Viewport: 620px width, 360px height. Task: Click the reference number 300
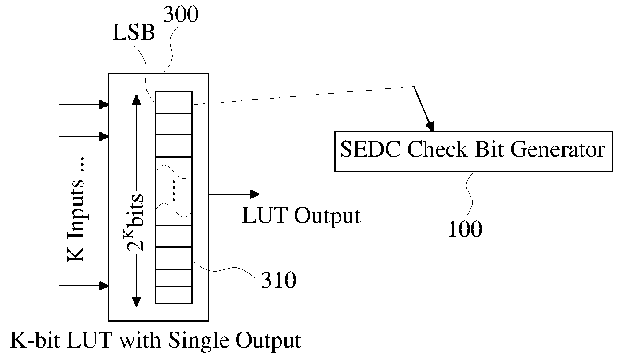click(x=181, y=14)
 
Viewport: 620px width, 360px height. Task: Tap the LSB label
click(x=134, y=32)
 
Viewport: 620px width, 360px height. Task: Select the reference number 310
click(x=278, y=280)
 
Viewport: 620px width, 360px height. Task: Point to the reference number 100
click(x=465, y=229)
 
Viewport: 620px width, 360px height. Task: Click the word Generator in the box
click(x=558, y=150)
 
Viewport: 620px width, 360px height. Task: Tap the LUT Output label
click(x=301, y=216)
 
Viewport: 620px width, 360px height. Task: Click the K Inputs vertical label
click(x=76, y=210)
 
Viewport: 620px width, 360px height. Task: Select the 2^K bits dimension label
click(x=135, y=222)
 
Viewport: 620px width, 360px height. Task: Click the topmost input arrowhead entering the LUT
click(x=104, y=105)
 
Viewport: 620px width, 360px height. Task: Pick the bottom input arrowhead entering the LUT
click(x=104, y=285)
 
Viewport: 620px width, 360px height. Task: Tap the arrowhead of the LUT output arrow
click(x=255, y=194)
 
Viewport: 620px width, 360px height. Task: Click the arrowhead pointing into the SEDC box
click(x=430, y=127)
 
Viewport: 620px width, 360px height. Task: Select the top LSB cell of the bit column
click(x=174, y=102)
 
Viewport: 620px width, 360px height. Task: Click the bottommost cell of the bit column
click(x=174, y=295)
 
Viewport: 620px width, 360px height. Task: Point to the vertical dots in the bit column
click(x=174, y=190)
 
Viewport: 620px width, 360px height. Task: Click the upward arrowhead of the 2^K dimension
click(x=136, y=100)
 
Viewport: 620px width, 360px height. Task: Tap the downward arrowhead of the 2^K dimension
click(x=136, y=302)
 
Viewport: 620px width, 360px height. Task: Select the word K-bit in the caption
click(x=35, y=340)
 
